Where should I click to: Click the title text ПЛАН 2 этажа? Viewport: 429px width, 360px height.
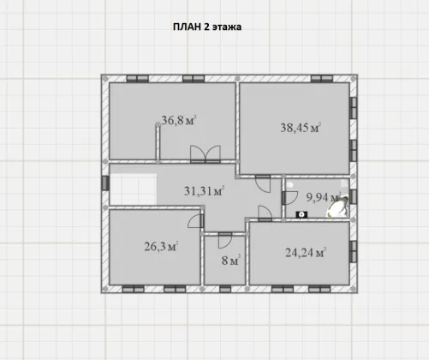pos(207,27)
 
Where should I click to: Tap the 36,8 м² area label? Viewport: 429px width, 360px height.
pos(179,120)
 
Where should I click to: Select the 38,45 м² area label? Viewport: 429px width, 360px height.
pos(301,128)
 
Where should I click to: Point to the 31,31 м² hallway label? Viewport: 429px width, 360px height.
pos(204,191)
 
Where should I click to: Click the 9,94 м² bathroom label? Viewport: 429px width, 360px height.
pos(324,197)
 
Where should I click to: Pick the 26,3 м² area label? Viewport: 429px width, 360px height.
pos(161,246)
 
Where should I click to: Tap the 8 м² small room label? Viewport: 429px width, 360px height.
pos(231,261)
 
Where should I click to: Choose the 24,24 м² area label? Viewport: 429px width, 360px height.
pos(306,253)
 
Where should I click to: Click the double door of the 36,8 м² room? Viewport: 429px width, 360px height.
pos(206,154)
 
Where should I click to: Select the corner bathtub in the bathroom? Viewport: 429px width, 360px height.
pos(338,207)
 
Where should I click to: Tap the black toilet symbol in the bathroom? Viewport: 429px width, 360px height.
pos(301,214)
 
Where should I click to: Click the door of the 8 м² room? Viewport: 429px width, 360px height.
pos(225,240)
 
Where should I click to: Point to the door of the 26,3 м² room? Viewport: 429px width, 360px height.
pos(196,221)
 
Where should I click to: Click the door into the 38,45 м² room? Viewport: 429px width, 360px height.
pos(263,183)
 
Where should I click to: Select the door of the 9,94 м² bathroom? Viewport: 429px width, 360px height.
pos(290,198)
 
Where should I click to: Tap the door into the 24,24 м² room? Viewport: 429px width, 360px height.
pos(265,213)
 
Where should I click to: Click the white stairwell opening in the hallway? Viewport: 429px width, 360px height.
pos(133,189)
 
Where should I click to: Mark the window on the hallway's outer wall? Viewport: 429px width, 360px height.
pos(105,183)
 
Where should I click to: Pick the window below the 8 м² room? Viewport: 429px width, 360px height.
pos(225,289)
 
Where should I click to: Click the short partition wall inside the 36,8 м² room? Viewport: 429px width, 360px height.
pos(158,142)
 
